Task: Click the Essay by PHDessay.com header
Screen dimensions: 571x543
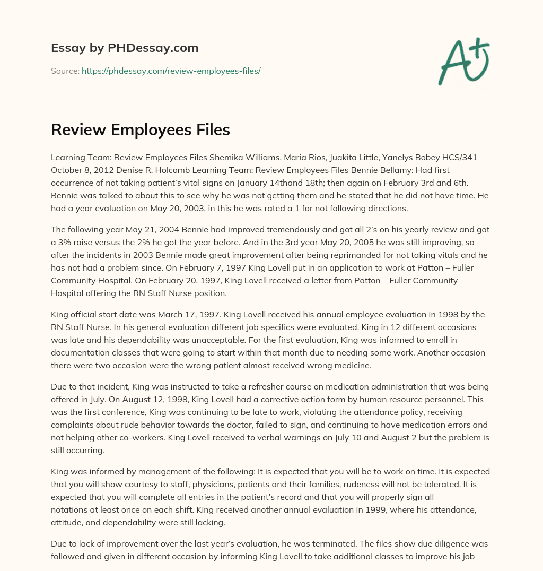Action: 125,48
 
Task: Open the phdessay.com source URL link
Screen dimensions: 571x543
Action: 171,71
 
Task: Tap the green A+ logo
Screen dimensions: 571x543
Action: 463,61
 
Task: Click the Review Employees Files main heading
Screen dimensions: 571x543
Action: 140,130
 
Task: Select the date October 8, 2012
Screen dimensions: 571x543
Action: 77,169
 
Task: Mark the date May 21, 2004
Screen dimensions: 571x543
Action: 128,230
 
